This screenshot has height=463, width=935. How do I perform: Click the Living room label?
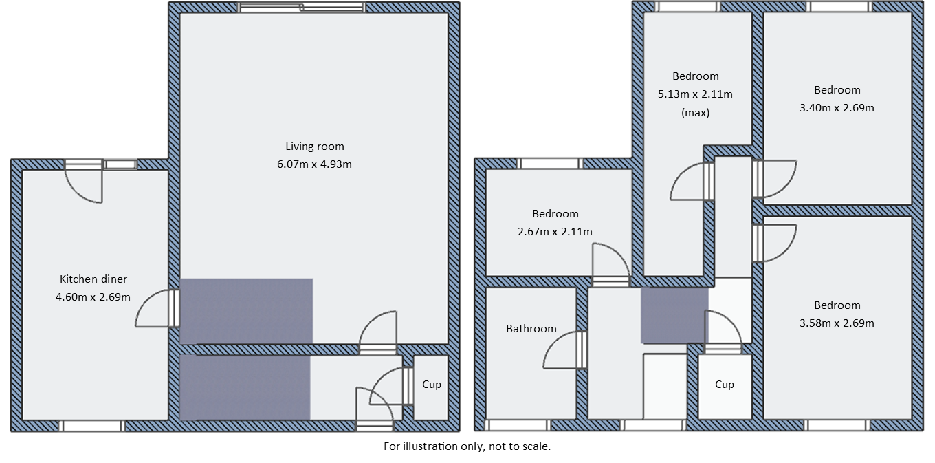coord(315,146)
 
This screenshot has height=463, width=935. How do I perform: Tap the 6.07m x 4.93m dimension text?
coord(315,164)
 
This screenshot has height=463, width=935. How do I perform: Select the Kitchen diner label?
coord(93,279)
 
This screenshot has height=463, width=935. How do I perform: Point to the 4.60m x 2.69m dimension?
coord(93,297)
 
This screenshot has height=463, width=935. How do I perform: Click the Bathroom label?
coord(531,328)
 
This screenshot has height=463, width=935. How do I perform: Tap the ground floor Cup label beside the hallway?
coord(432,385)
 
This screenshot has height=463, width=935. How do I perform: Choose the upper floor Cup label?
coord(725,385)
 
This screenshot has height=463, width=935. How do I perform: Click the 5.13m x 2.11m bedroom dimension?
coord(695,94)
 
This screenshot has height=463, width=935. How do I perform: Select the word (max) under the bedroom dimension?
coord(695,112)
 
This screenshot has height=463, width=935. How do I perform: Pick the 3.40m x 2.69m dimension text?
coord(837,107)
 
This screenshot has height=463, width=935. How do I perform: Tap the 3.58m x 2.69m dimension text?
coord(837,323)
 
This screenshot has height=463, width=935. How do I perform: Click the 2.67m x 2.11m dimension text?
coord(555,231)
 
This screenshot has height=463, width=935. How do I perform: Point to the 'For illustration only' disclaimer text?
coord(467,446)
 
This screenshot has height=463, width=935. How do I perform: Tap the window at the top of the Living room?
coord(301,8)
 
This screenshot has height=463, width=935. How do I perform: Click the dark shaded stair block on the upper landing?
coord(674,316)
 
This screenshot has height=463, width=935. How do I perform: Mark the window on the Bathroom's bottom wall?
coord(516,425)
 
